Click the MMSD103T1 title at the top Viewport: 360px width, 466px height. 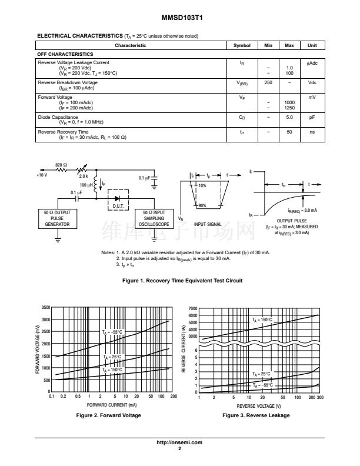pyautogui.click(x=179, y=18)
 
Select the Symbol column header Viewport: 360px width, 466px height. pyautogui.click(x=242, y=46)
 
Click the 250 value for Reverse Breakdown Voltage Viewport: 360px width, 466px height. pyautogui.click(x=268, y=83)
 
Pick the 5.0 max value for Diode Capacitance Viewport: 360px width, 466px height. pyautogui.click(x=289, y=117)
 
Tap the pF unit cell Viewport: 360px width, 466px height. pyautogui.click(x=312, y=117)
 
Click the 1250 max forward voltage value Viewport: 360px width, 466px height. pyautogui.click(x=289, y=108)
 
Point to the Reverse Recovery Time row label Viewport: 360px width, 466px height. pyautogui.click(x=63, y=132)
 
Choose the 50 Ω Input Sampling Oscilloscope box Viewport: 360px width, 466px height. pyautogui.click(x=155, y=218)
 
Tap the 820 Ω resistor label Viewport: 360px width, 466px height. pyautogui.click(x=62, y=165)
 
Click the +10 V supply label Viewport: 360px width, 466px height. pyautogui.click(x=42, y=175)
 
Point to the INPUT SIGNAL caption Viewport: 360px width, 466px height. pyautogui.click(x=208, y=224)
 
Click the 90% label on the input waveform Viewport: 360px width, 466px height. pyautogui.click(x=202, y=205)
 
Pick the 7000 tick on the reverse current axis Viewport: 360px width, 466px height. pyautogui.click(x=192, y=309)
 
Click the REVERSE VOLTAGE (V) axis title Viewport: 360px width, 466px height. pyautogui.click(x=259, y=406)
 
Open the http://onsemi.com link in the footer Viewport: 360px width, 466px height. pyautogui.click(x=179, y=442)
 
